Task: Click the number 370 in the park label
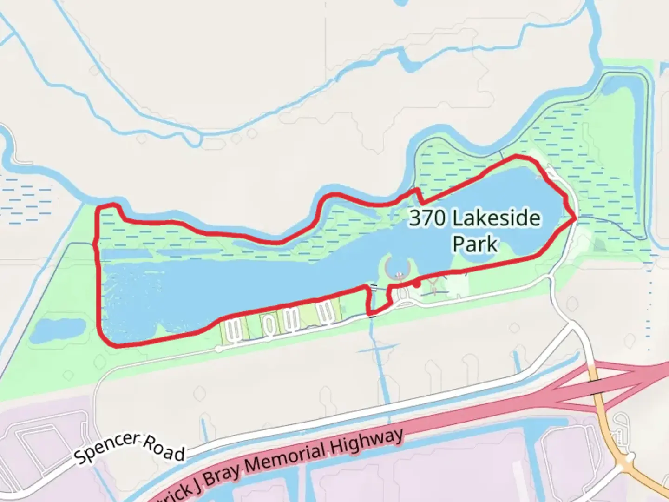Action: coord(427,218)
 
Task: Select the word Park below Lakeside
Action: coord(475,244)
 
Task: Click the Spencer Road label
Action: coord(130,448)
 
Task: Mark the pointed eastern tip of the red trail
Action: coord(576,218)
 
